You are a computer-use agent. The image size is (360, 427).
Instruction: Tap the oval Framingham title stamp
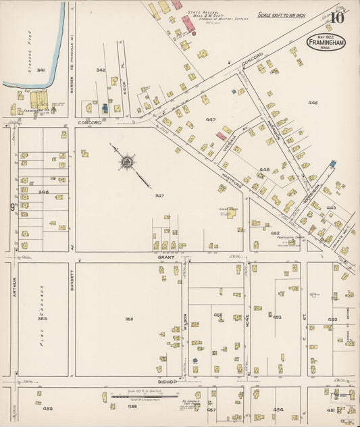[328, 43]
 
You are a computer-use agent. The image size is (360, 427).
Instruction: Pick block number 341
[41, 70]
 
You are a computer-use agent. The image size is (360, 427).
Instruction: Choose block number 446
[313, 103]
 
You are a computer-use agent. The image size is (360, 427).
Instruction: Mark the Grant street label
[167, 257]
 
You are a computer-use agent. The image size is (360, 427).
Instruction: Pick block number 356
[129, 319]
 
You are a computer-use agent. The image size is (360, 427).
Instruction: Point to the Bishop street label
[167, 382]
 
